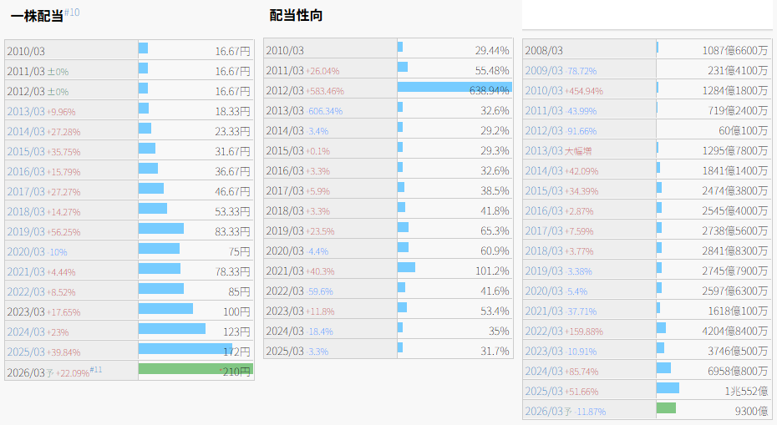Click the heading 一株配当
37,16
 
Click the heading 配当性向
296,16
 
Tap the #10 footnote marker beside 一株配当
73,12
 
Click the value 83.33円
232,230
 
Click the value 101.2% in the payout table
492,271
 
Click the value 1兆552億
746,391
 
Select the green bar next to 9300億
666,408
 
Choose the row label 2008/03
544,51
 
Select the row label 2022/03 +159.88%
564,331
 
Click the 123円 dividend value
236,331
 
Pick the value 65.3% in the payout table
495,230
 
